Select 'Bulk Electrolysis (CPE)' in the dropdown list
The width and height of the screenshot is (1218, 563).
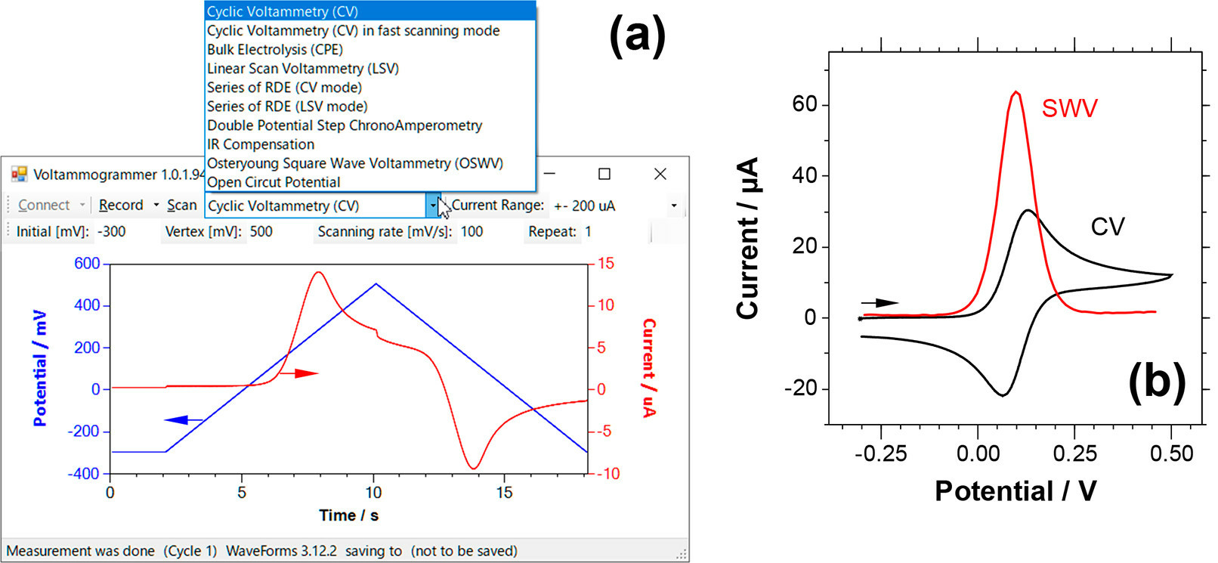point(275,50)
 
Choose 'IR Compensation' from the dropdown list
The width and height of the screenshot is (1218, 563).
point(261,144)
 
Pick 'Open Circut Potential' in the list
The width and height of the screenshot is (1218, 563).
point(274,182)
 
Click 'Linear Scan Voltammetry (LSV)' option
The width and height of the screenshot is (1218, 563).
point(303,69)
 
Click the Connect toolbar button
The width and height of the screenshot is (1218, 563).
point(44,206)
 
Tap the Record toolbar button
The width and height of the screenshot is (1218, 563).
point(121,206)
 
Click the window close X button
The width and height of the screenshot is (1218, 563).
point(660,175)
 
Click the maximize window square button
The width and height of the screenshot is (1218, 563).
point(604,175)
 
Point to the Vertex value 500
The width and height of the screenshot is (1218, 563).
point(261,232)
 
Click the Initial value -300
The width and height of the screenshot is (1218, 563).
point(112,232)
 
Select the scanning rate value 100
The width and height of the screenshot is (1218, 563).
point(471,232)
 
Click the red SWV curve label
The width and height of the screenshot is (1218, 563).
point(1069,109)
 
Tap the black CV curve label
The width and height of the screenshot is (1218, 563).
point(1108,227)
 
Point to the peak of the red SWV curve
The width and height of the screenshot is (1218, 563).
point(1016,93)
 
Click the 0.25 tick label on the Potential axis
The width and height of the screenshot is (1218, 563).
point(1074,454)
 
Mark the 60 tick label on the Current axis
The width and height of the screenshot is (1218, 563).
point(805,104)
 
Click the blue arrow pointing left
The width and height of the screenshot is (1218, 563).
point(183,420)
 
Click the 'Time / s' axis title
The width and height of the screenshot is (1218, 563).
point(348,515)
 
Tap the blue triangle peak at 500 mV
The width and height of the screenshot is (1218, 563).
point(376,284)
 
